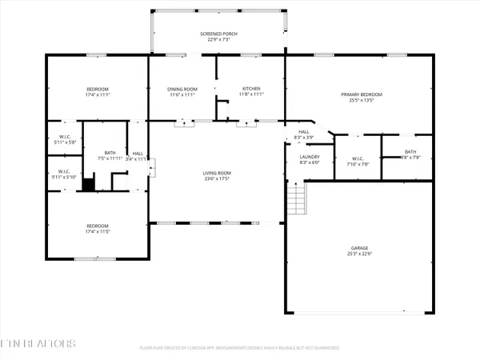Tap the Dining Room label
click(x=182, y=89)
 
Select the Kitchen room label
click(x=250, y=89)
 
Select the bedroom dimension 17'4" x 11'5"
click(x=97, y=231)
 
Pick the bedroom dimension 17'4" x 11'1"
click(x=97, y=94)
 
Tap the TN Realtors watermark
click(x=38, y=343)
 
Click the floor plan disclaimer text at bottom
click(x=240, y=348)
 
